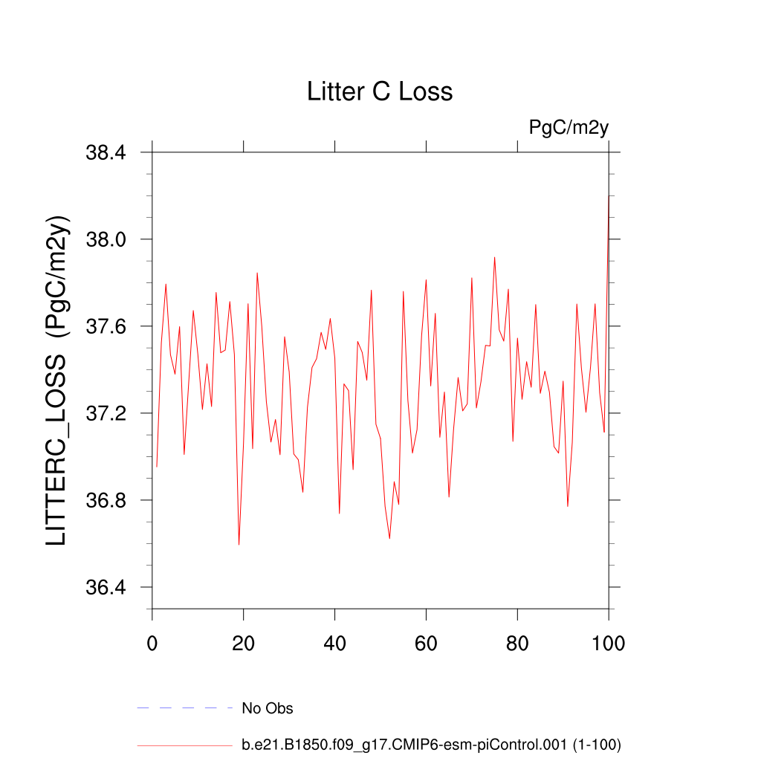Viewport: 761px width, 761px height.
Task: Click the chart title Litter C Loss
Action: tap(380, 91)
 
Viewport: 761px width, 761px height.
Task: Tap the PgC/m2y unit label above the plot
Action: tap(569, 128)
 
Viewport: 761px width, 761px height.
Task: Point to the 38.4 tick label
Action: tap(107, 153)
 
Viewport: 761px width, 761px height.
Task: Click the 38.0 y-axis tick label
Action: tap(107, 240)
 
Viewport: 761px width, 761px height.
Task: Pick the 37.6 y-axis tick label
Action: tap(107, 327)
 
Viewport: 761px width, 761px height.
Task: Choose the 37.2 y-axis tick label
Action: tap(107, 414)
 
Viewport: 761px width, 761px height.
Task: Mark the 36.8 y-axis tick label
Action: tap(107, 501)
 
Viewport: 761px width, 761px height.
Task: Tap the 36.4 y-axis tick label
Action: tap(107, 588)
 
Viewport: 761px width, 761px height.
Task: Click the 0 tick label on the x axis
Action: tap(152, 642)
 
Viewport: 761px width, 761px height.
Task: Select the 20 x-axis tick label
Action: tap(244, 642)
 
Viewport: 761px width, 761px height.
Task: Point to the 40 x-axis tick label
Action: tap(335, 642)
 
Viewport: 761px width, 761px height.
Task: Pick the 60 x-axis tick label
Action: tap(427, 642)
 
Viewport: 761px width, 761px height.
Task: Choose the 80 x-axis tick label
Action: tap(518, 642)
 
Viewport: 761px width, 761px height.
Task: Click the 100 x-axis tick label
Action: tap(609, 642)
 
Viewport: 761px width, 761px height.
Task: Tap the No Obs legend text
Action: tap(268, 708)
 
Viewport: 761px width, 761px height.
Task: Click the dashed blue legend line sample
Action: tap(185, 708)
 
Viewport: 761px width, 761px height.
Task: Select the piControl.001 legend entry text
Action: tap(431, 745)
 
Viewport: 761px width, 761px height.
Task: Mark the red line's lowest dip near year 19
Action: tap(239, 545)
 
